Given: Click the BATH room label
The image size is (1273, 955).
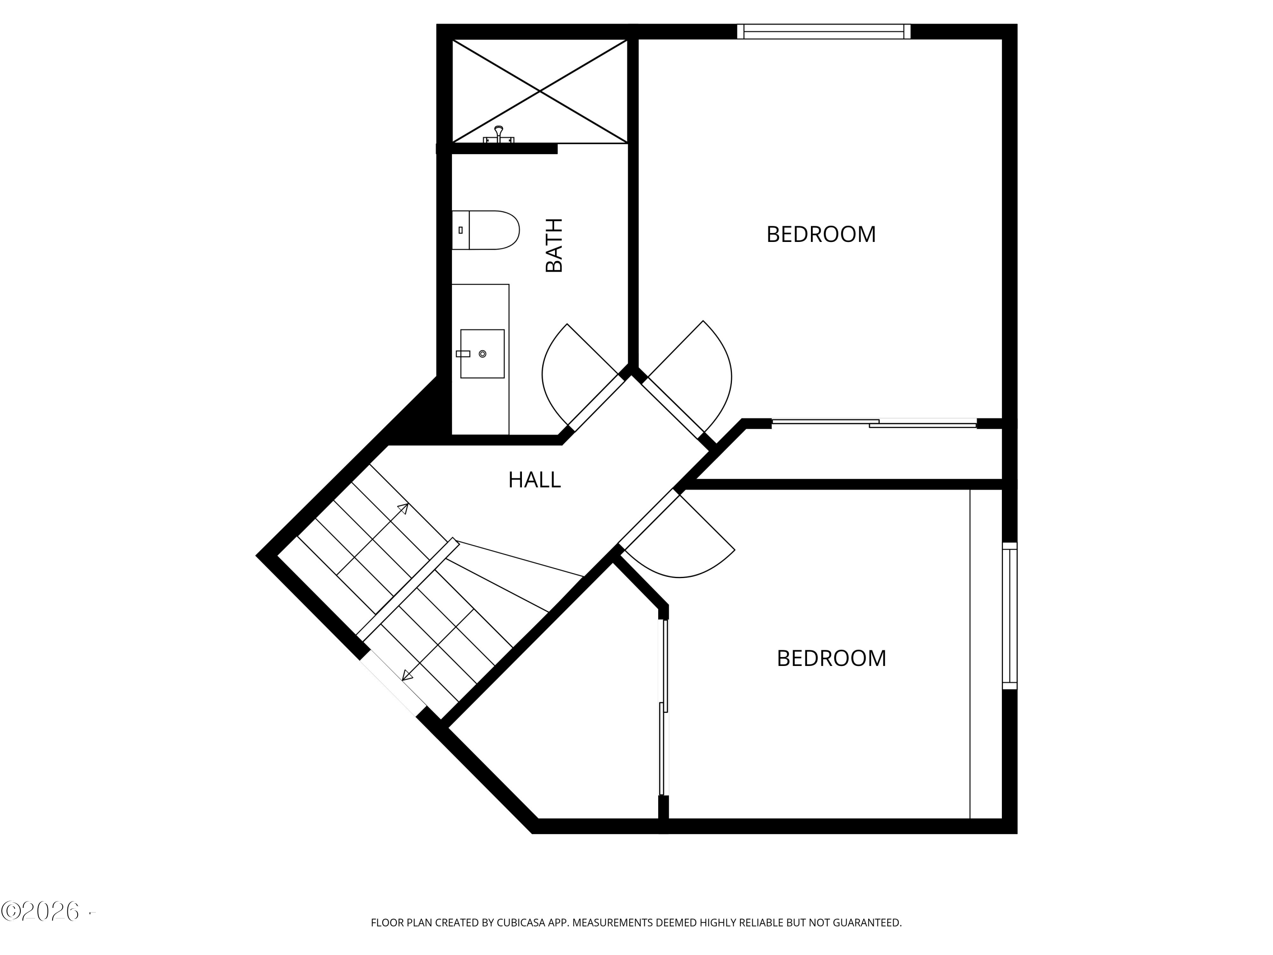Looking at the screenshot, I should (554, 245).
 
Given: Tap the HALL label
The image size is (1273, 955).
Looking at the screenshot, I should (534, 480).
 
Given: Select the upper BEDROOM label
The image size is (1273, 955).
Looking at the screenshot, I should (821, 234).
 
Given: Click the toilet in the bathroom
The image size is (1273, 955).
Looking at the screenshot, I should (486, 230).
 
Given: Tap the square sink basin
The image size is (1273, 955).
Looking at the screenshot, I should (482, 354).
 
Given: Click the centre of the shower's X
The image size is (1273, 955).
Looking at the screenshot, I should (540, 91).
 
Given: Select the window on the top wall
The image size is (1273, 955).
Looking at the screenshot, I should (824, 32).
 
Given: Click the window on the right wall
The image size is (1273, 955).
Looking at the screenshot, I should (1009, 615).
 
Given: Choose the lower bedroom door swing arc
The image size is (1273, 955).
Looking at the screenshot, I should (679, 570).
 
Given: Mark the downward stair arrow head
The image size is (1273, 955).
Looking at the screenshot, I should (407, 676).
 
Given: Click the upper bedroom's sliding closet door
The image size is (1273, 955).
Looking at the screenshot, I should (874, 424).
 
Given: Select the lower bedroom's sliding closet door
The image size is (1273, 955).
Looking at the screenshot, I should (664, 708).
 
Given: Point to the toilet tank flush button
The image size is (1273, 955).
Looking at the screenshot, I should (460, 230).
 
